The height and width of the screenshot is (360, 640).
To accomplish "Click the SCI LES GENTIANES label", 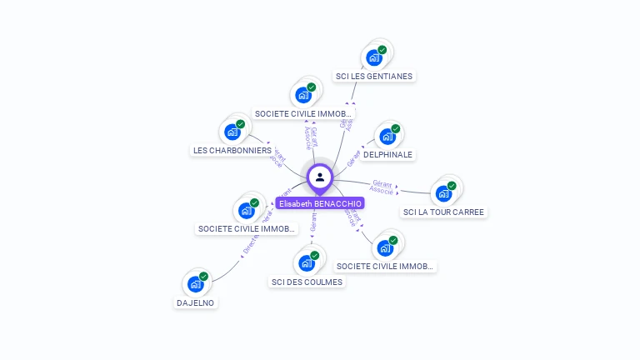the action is (x=374, y=76).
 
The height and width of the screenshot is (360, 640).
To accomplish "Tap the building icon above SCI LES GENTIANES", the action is (x=373, y=58).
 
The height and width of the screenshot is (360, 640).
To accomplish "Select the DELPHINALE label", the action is (x=387, y=154).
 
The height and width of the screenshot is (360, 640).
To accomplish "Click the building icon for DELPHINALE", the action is (x=387, y=137).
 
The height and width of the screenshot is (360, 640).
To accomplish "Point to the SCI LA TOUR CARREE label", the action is (x=443, y=212).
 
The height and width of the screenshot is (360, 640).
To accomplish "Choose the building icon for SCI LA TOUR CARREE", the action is (x=443, y=193).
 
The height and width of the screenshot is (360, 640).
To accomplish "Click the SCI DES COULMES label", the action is (x=307, y=282).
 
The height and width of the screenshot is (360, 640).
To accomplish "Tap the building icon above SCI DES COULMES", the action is (x=306, y=263).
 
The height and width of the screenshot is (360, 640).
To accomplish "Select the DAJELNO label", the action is (x=195, y=302).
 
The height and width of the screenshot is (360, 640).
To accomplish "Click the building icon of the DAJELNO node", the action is (x=195, y=284).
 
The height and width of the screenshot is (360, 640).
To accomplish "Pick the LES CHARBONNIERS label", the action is (x=232, y=150).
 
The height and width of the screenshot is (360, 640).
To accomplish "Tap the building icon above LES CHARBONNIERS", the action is (x=232, y=132).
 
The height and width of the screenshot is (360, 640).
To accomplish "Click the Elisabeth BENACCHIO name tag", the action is (x=320, y=203).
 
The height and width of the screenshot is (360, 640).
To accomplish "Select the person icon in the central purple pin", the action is (x=320, y=177).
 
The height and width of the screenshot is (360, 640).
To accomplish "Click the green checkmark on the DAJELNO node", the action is (x=203, y=277).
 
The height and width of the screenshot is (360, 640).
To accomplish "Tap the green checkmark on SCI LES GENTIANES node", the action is (x=382, y=50).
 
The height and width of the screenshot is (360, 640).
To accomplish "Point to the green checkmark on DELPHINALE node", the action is (x=395, y=129).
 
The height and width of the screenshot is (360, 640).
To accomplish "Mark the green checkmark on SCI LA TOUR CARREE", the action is (x=452, y=186).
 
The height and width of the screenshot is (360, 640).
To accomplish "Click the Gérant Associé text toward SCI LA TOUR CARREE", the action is (x=382, y=187).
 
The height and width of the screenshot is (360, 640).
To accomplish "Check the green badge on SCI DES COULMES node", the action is (x=314, y=256).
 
